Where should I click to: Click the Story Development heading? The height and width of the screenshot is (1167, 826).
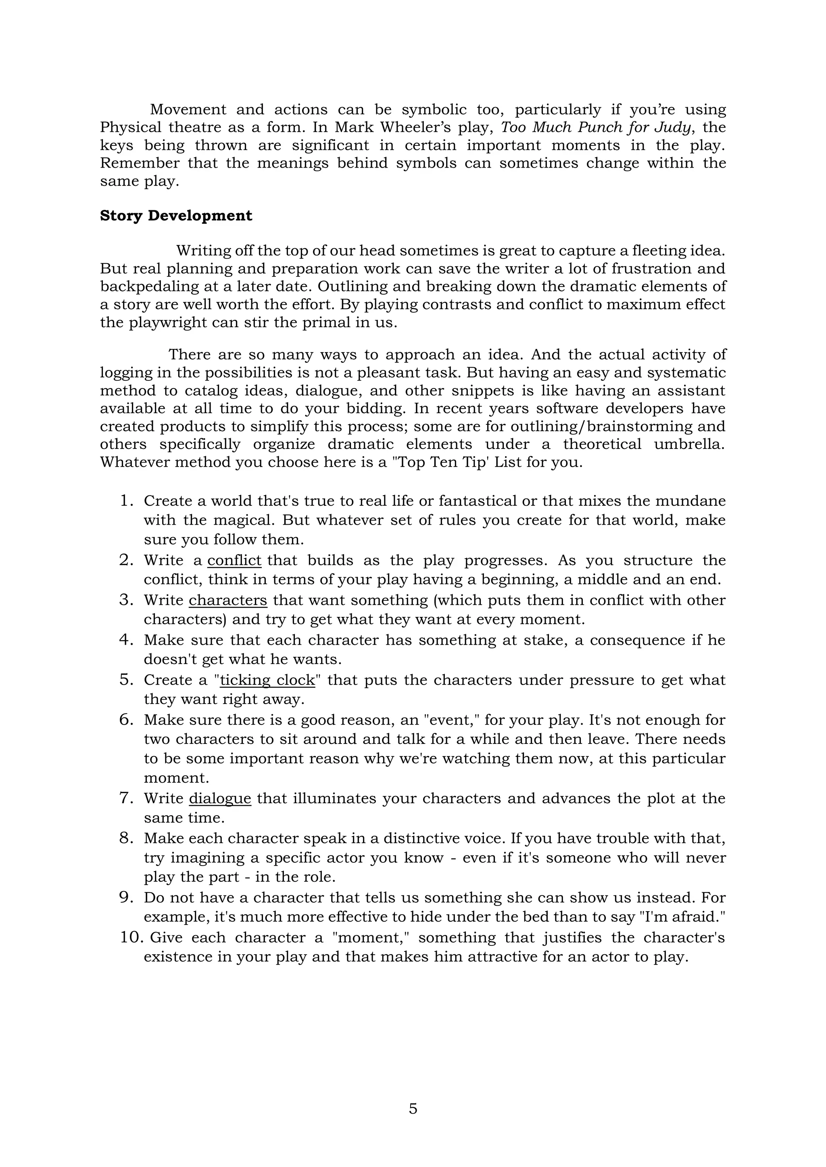pos(176,216)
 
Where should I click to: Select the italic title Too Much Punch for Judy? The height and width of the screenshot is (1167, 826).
pos(595,127)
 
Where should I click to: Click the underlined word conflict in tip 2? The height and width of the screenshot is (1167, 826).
pos(234,560)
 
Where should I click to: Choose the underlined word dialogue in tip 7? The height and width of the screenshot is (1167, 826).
pos(220,799)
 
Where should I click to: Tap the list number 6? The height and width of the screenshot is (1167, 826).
pos(125,720)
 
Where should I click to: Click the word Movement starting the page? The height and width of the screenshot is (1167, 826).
pos(188,109)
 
